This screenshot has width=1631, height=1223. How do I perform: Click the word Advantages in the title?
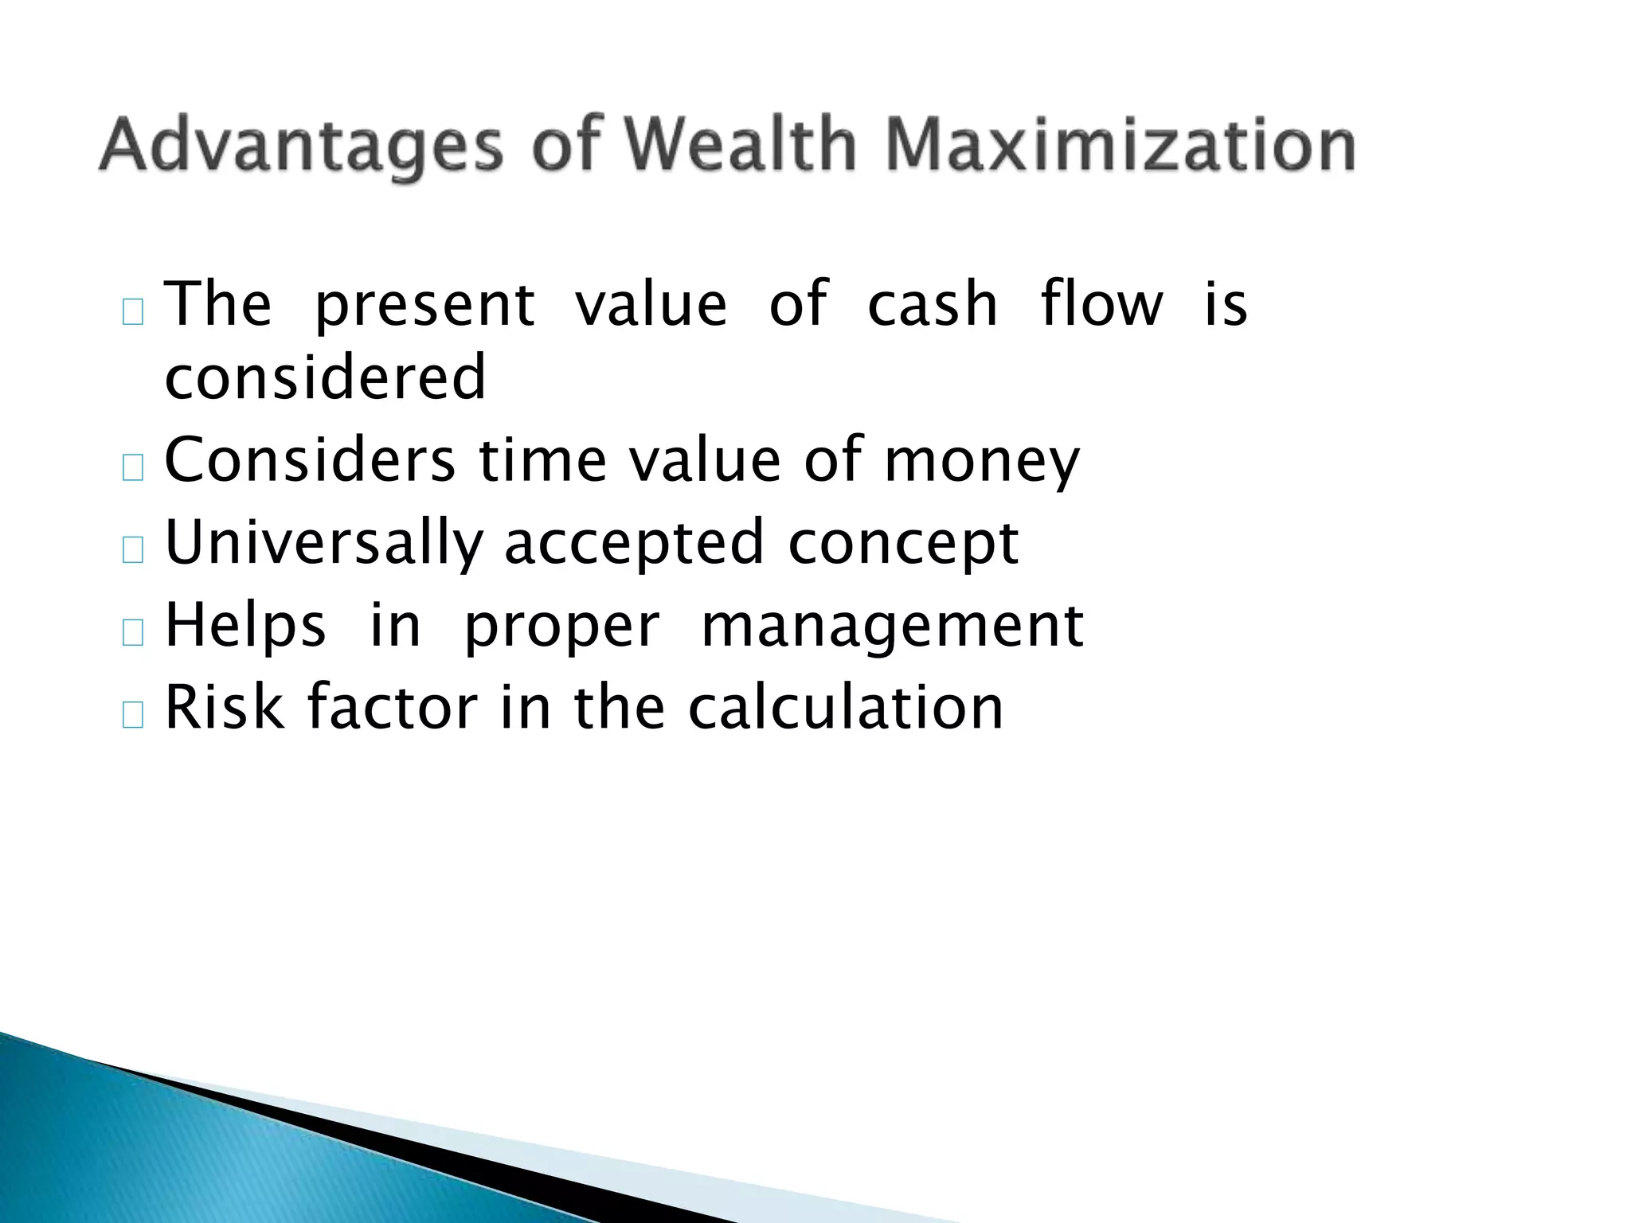pos(301,147)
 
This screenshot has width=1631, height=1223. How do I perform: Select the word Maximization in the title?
pos(1120,145)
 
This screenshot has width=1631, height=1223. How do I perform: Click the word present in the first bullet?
pos(424,307)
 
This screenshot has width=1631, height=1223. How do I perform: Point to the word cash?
pos(932,305)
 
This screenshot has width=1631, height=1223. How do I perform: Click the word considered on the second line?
pos(325,377)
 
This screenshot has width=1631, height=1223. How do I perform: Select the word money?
pos(982,463)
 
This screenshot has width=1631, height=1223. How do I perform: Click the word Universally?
pos(324,544)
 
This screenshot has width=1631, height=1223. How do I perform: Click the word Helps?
pos(245,627)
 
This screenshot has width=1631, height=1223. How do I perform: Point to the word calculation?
pos(845,708)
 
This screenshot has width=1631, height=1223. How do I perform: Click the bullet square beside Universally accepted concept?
pos(133,550)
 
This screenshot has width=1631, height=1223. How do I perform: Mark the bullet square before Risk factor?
pos(133,715)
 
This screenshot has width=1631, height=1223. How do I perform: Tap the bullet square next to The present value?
pos(133,311)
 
